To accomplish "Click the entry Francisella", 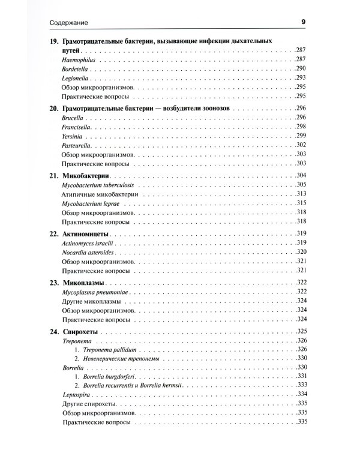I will (77, 127).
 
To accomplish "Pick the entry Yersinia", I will (72, 136).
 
